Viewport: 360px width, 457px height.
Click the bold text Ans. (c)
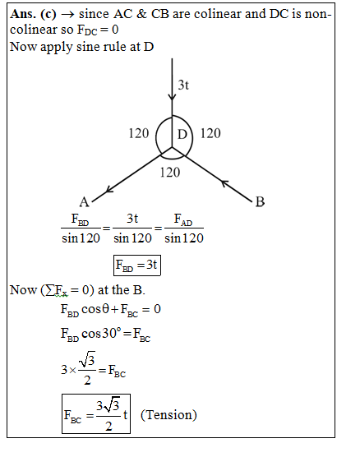point(33,14)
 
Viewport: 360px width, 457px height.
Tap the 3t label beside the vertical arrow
point(183,85)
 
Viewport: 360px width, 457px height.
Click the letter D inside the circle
point(182,134)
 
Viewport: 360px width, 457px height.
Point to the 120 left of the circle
point(139,133)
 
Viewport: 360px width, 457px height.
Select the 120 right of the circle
point(210,133)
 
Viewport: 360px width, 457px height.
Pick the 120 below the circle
point(170,173)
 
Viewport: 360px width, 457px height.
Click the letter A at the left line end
point(84,201)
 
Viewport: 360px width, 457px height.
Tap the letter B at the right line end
point(260,201)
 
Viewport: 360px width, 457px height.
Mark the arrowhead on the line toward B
point(224,183)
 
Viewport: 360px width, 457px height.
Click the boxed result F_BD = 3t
point(137,265)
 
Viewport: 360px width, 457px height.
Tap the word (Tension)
point(168,415)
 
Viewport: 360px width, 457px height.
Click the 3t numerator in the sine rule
point(132,219)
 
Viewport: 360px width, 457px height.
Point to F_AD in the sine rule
point(183,219)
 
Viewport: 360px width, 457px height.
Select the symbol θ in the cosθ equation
point(105,309)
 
